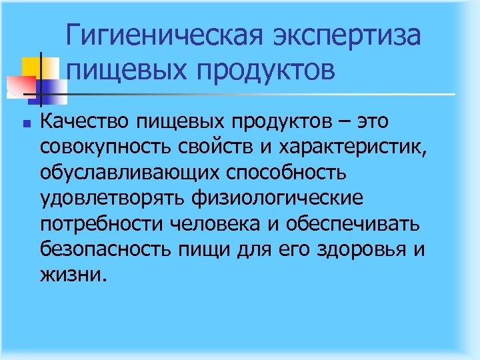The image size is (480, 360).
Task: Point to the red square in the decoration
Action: click(20, 84)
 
